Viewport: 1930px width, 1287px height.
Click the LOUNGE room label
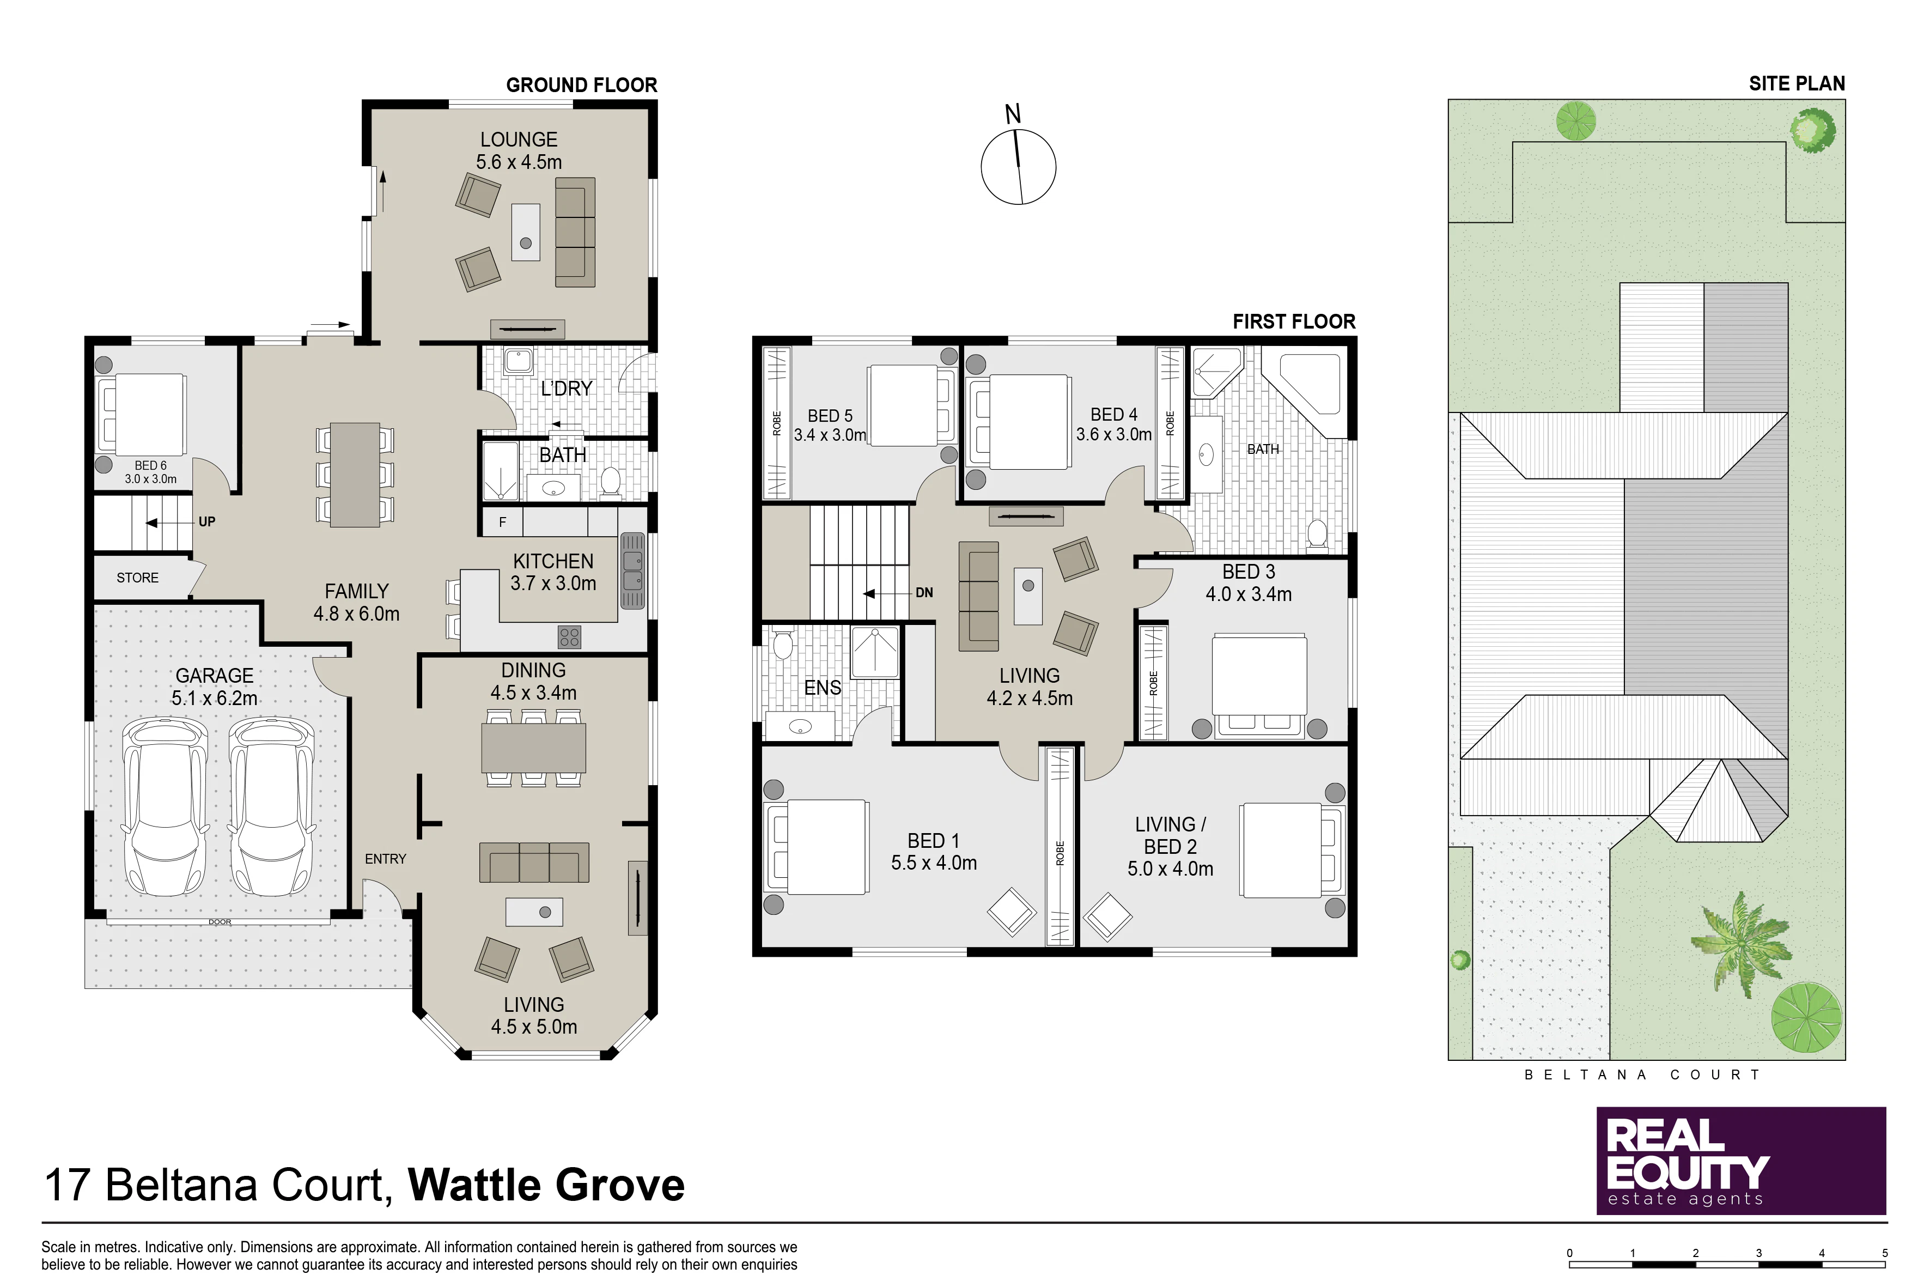pos(519,139)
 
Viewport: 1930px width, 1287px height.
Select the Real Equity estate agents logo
pos(1740,1161)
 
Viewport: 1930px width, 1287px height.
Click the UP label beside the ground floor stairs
pos(207,522)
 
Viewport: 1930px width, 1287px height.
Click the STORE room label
pos(137,578)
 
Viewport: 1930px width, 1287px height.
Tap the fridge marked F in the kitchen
pos(502,522)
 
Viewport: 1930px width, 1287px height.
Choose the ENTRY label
pos(386,859)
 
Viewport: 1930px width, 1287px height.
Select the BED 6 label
pos(150,465)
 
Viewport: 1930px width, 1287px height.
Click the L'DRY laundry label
pos(566,388)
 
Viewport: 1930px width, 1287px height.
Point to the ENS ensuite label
pos(822,688)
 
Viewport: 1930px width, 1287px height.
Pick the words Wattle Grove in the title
pos(546,1185)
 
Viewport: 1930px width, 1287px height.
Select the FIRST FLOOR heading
pos(1294,321)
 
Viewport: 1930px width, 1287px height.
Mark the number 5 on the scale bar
pos(1885,1253)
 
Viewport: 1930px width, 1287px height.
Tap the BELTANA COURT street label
pos(1642,1074)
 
